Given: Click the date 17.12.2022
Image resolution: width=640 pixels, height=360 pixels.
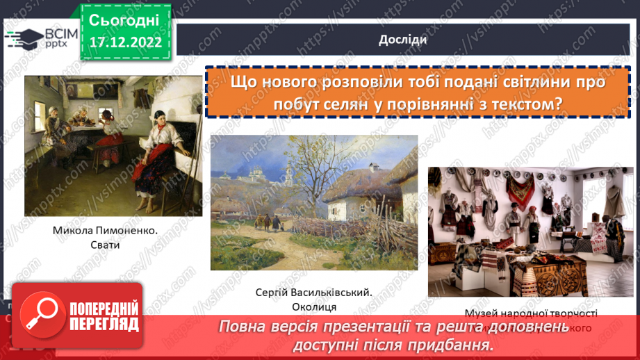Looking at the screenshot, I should [x=124, y=41].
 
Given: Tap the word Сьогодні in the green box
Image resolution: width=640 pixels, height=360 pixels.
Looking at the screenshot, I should [x=124, y=19].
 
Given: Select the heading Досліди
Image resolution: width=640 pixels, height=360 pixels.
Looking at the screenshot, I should [x=403, y=40].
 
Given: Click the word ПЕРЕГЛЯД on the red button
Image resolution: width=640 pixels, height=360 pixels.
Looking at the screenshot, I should [x=104, y=325].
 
